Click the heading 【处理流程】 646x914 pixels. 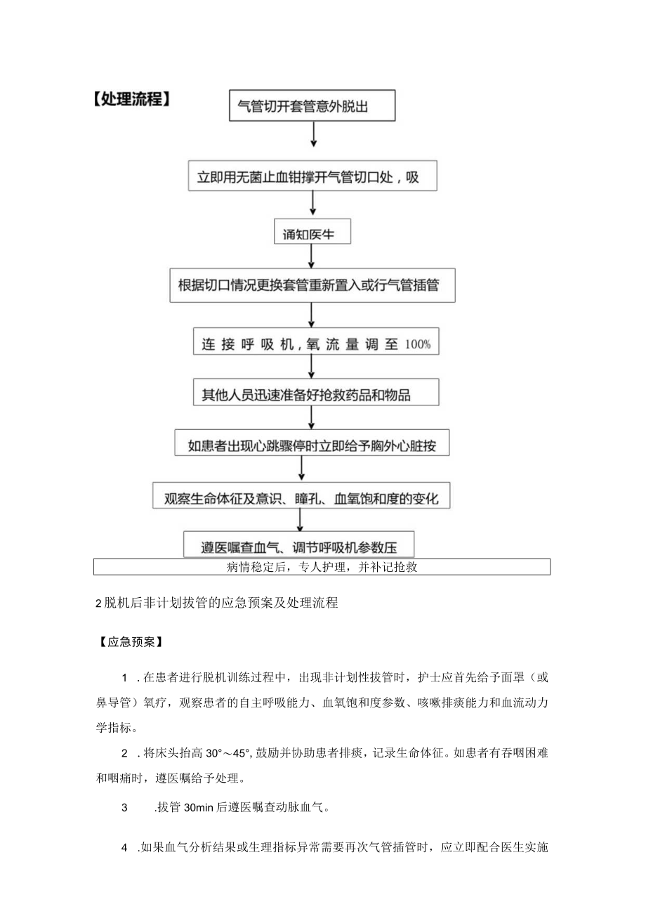click(x=131, y=99)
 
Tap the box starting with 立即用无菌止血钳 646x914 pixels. click(x=312, y=177)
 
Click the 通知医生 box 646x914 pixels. click(x=312, y=234)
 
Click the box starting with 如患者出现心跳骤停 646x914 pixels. click(x=312, y=445)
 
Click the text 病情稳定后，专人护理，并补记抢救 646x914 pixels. click(x=322, y=567)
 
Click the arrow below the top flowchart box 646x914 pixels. click(x=313, y=133)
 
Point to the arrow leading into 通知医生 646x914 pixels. click(x=313, y=203)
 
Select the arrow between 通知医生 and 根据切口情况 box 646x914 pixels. click(x=313, y=256)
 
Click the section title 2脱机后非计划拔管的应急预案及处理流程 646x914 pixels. click(x=216, y=602)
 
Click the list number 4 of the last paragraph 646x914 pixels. click(x=124, y=847)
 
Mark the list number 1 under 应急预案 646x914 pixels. click(x=125, y=677)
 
